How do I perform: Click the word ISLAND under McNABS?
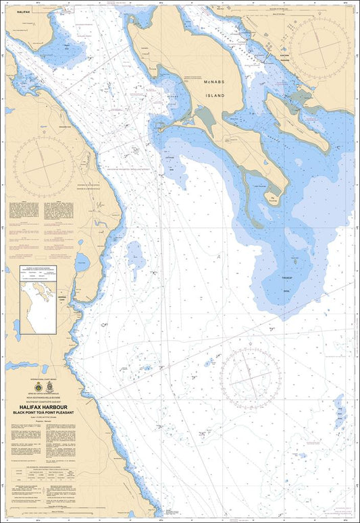tap(228, 95)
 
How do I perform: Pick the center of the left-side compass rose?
tap(45, 164)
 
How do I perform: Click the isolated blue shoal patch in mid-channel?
tap(136, 253)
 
